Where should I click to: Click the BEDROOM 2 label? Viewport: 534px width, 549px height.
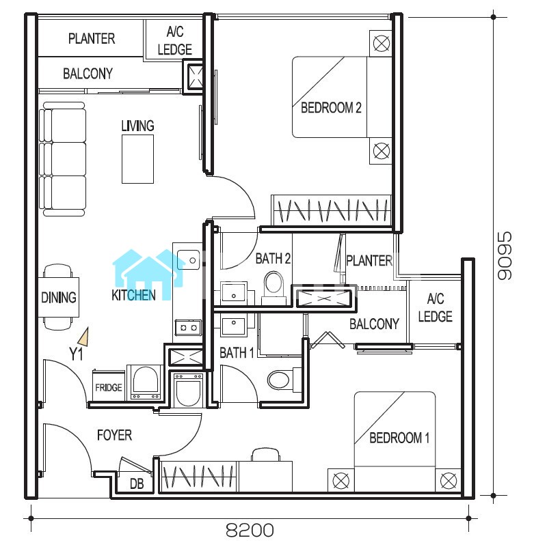[x=331, y=107]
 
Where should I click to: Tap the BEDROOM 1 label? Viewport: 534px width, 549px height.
[x=399, y=438]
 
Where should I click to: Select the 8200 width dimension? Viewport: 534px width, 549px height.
[x=250, y=530]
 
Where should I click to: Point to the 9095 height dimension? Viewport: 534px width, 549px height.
[x=505, y=255]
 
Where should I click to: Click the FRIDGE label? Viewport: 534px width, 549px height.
[x=108, y=388]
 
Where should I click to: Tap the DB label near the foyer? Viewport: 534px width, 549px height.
[x=137, y=484]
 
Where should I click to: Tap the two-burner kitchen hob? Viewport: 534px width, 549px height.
[x=188, y=328]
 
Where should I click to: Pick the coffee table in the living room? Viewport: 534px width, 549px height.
[x=138, y=159]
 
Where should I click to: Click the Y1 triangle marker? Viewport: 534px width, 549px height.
[x=84, y=337]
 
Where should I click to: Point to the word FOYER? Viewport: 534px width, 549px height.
[x=114, y=435]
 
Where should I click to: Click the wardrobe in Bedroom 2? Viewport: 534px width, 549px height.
[x=332, y=210]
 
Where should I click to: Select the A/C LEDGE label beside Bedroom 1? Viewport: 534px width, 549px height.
[x=435, y=308]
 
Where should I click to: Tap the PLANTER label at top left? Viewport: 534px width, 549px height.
[x=92, y=38]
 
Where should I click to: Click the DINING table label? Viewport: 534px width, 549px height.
[x=59, y=298]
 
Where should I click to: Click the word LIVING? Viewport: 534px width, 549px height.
[x=137, y=126]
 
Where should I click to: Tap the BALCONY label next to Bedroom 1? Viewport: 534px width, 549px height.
[x=374, y=324]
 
